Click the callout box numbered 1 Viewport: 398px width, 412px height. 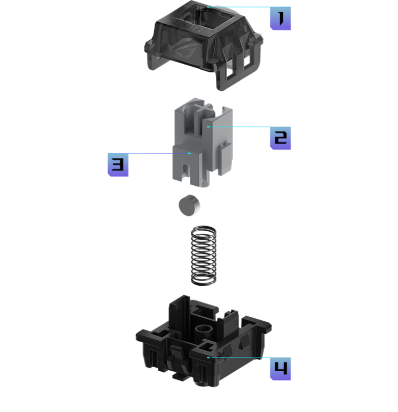[280, 18]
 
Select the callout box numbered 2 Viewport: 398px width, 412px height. [280, 138]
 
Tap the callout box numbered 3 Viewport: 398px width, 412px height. [118, 164]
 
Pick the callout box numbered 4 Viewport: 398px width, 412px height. [280, 369]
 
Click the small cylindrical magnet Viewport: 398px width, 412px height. [189, 205]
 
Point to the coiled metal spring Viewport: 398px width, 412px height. [204, 255]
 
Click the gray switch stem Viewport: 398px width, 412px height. [203, 143]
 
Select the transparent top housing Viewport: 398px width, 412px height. [204, 45]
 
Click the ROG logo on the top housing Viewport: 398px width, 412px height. [182, 48]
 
